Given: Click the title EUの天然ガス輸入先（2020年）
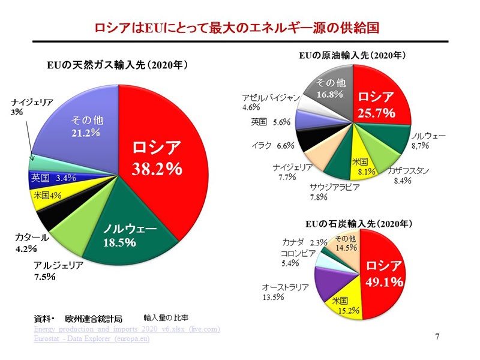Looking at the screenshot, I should [x=118, y=64].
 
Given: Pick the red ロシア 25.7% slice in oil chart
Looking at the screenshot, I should [x=379, y=102].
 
